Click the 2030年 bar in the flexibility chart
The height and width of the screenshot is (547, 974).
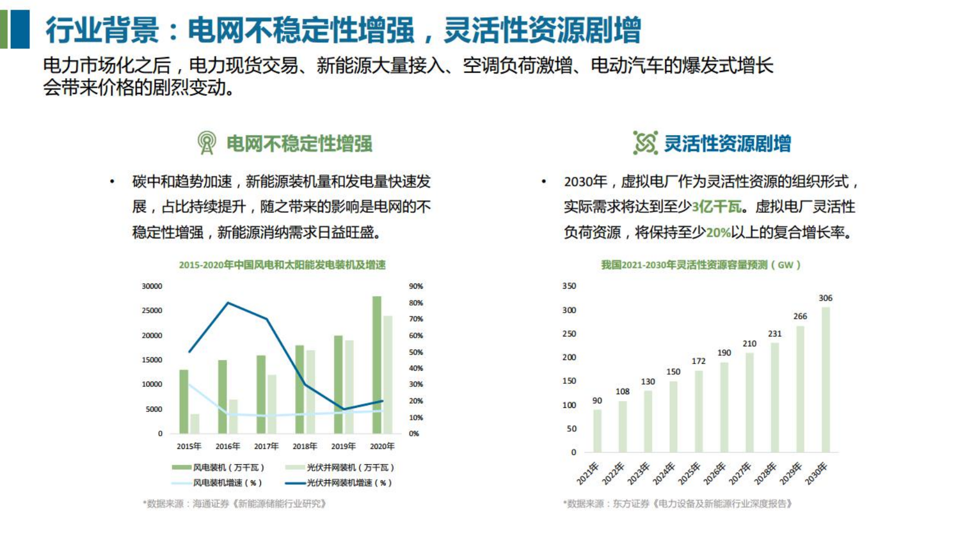(x=825, y=379)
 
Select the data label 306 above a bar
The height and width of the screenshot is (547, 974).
(x=825, y=298)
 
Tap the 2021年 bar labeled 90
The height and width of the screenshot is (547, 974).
(x=597, y=431)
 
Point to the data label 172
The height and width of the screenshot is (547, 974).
(x=698, y=361)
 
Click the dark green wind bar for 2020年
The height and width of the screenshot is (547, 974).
(x=377, y=365)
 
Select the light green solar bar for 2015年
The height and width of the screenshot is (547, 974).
(x=195, y=424)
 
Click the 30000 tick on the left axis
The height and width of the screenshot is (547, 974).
(x=152, y=286)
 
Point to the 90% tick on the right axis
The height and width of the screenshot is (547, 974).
(x=416, y=286)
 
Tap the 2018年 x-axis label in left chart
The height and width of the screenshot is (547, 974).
(x=304, y=446)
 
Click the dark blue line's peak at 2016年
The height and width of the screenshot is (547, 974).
(x=228, y=303)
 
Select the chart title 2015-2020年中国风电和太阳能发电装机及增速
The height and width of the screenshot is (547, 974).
(x=282, y=265)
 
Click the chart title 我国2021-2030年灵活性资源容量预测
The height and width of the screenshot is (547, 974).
(x=701, y=265)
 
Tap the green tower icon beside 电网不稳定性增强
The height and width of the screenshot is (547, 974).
(x=207, y=143)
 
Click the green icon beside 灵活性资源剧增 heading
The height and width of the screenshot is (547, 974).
(x=645, y=143)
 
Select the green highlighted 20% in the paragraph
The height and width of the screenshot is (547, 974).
(x=718, y=233)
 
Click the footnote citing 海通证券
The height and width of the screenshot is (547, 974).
(x=235, y=504)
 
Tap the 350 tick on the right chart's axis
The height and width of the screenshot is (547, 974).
(x=569, y=286)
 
